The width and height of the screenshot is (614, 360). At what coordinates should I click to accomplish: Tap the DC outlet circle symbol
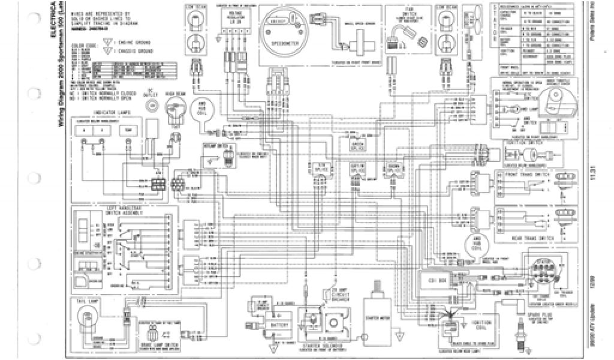[x=151, y=105]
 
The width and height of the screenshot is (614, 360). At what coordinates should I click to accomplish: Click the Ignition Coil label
[x=485, y=325]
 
